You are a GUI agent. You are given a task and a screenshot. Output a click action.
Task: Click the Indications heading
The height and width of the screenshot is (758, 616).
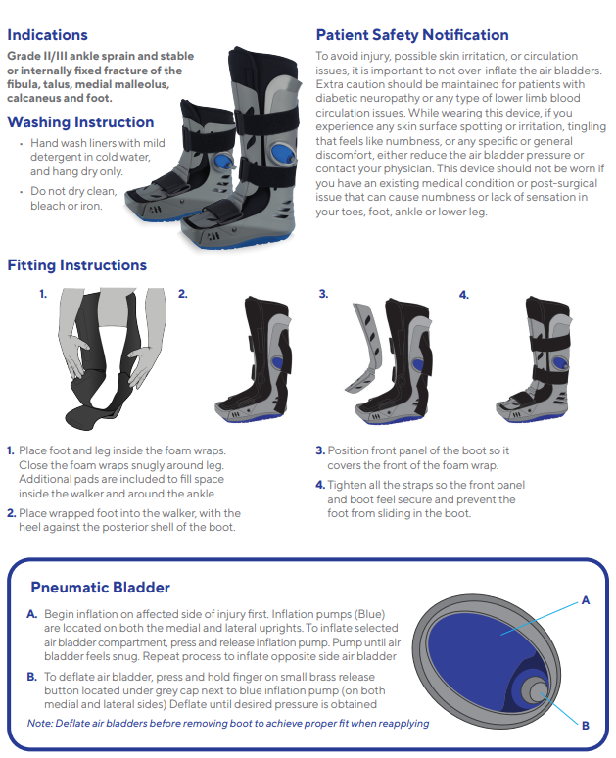[47, 35]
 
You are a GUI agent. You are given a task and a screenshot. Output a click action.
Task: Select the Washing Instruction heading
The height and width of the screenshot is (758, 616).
[80, 122]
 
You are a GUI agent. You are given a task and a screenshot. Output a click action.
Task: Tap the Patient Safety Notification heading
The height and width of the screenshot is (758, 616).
[412, 35]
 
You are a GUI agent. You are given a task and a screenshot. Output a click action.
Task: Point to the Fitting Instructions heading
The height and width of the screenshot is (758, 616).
[77, 265]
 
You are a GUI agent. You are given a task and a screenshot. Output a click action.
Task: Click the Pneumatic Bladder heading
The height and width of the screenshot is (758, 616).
[100, 588]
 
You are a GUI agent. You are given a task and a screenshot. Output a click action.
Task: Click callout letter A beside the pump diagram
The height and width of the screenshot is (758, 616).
[585, 600]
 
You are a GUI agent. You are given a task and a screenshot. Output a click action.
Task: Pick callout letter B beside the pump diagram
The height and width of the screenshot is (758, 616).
[585, 725]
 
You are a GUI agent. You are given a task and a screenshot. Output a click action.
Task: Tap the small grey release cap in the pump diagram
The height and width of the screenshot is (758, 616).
[538, 689]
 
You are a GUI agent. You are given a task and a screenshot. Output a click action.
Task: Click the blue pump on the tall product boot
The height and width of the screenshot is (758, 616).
[282, 153]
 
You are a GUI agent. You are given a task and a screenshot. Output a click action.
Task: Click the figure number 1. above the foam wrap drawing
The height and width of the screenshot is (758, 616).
[43, 294]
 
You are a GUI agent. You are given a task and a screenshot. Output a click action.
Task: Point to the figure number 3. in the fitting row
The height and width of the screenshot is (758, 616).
[323, 294]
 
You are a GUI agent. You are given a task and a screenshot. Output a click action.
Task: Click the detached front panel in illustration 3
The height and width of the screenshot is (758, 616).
[365, 347]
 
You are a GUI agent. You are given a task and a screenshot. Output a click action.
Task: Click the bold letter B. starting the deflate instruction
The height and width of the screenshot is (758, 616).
[32, 677]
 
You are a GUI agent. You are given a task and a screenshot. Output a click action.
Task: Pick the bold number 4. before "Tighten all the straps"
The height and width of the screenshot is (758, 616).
[320, 485]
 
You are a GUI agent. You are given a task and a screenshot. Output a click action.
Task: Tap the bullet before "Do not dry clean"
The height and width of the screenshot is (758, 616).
[22, 191]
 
